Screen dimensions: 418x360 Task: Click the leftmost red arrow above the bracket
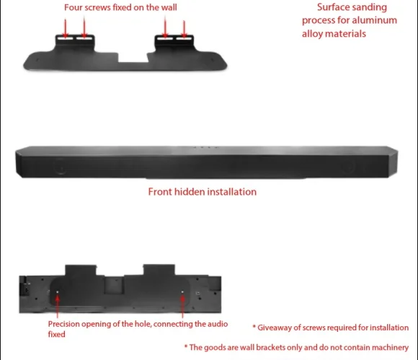click(66, 28)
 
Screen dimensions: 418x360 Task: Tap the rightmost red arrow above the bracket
click(184, 29)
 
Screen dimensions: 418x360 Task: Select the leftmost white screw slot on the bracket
click(65, 38)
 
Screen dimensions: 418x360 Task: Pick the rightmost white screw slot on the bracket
click(184, 38)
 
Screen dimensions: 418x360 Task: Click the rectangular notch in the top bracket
click(133, 58)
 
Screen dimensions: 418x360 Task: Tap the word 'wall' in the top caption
click(169, 7)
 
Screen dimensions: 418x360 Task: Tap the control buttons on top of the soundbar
click(206, 147)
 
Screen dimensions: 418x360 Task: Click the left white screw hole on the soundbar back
click(58, 292)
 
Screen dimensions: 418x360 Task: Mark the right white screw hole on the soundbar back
click(182, 292)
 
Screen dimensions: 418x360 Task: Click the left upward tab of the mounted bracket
click(81, 270)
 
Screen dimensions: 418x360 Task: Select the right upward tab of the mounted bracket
click(159, 270)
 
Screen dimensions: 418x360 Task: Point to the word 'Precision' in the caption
click(64, 324)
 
